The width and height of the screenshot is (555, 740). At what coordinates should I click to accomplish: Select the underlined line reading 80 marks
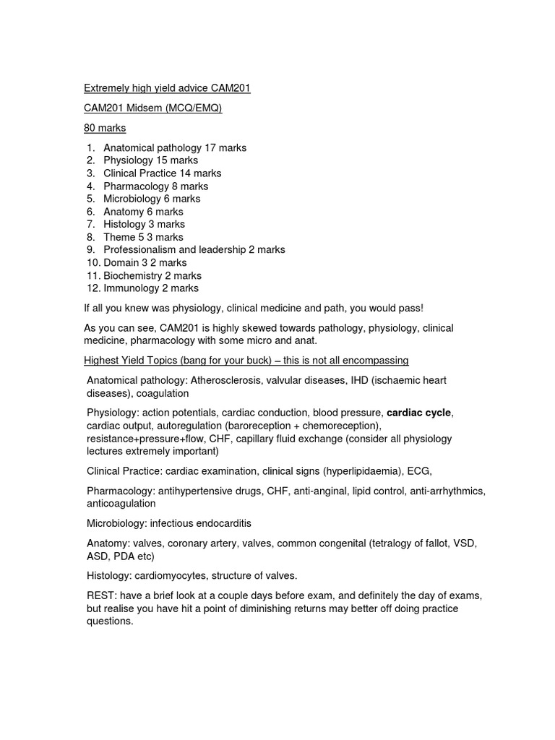coord(106,128)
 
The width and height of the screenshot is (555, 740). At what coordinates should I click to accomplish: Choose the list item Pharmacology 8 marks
coord(155,186)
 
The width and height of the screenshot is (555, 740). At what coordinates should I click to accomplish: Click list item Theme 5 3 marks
coord(143,237)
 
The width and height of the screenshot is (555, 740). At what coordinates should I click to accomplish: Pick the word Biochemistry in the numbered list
coord(134,275)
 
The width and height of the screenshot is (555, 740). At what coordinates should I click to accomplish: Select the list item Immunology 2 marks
coord(151,288)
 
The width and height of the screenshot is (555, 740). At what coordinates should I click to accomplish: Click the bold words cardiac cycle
coord(419,413)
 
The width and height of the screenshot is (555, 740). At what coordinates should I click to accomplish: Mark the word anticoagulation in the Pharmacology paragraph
coord(121,503)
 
